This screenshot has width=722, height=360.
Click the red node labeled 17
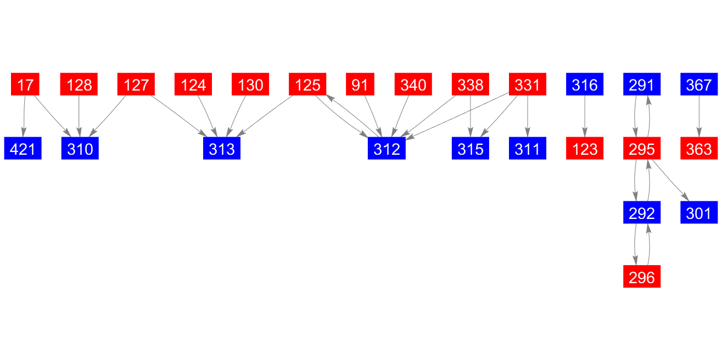coord(25,84)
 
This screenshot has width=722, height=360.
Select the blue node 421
coord(23,148)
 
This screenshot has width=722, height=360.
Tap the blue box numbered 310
coord(80,148)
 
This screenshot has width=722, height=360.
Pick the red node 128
coord(79,84)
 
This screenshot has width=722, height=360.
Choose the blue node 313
coord(222,148)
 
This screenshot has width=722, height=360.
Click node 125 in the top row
coord(307,84)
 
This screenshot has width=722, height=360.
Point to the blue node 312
coord(387,148)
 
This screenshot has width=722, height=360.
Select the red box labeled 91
coord(360,84)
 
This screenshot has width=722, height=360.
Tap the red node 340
coord(413,84)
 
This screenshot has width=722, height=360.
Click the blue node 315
coord(471,148)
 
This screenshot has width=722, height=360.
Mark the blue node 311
coord(528,148)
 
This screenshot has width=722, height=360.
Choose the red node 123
coord(585,148)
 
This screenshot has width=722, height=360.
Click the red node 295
coord(642,148)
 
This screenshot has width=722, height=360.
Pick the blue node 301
coord(699,212)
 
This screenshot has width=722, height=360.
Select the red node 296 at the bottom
coord(642,277)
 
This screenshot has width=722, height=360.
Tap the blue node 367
coord(699,84)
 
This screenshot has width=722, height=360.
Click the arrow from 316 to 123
coord(585,116)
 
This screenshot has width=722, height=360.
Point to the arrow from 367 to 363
coord(699,116)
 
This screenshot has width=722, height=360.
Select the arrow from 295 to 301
coord(670,180)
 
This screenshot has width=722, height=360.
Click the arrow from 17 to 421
coord(24,116)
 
